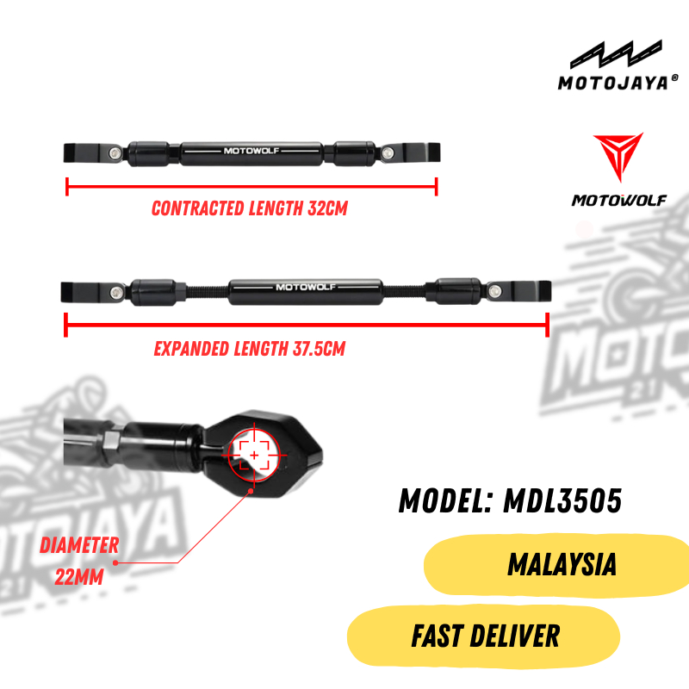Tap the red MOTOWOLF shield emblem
pos(618,159)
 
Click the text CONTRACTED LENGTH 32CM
pos(249,208)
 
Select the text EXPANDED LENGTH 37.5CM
pos(250,349)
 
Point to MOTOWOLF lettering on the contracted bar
pos(251,152)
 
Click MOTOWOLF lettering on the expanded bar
pos(306,287)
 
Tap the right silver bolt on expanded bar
pos(494,289)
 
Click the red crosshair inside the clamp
pos(254,454)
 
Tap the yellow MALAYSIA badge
pos(560,565)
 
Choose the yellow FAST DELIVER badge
pos(484,637)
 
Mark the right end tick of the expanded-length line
pos(548,326)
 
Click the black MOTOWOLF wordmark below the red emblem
pos(619,201)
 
